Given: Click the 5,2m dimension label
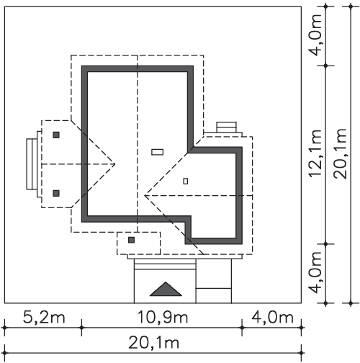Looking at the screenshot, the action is pyautogui.click(x=44, y=317).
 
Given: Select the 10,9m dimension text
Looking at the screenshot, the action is pyautogui.click(x=163, y=317).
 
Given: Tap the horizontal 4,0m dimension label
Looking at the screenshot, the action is pyautogui.click(x=272, y=317).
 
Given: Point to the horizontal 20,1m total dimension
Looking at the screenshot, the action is pyautogui.click(x=154, y=342).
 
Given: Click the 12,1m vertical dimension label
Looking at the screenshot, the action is pyautogui.click(x=315, y=153).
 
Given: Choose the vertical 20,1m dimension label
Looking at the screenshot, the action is pyautogui.click(x=341, y=154).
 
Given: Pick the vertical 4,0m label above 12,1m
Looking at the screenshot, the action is pyautogui.click(x=315, y=35).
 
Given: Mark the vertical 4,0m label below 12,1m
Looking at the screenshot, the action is pyautogui.click(x=315, y=272).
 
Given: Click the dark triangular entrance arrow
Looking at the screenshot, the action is pyautogui.click(x=166, y=289).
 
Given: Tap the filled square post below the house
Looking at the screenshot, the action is pyautogui.click(x=131, y=240).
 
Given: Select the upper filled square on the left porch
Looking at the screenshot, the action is pyautogui.click(x=56, y=135).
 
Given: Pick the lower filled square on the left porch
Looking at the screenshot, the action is pyautogui.click(x=56, y=193).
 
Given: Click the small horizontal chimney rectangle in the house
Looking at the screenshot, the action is pyautogui.click(x=158, y=152).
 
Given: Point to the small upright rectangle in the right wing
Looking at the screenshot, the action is pyautogui.click(x=186, y=181).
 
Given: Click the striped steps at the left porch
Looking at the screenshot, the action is pyautogui.click(x=32, y=164).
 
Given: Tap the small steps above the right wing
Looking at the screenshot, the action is pyautogui.click(x=227, y=127).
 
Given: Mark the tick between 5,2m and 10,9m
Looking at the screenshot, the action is pyautogui.click(x=81, y=328).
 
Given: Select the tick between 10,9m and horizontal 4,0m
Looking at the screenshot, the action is pyautogui.click(x=242, y=328).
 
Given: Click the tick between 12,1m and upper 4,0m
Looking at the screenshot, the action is pyautogui.click(x=325, y=66).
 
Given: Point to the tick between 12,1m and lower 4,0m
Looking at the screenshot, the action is pyautogui.click(x=325, y=244).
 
